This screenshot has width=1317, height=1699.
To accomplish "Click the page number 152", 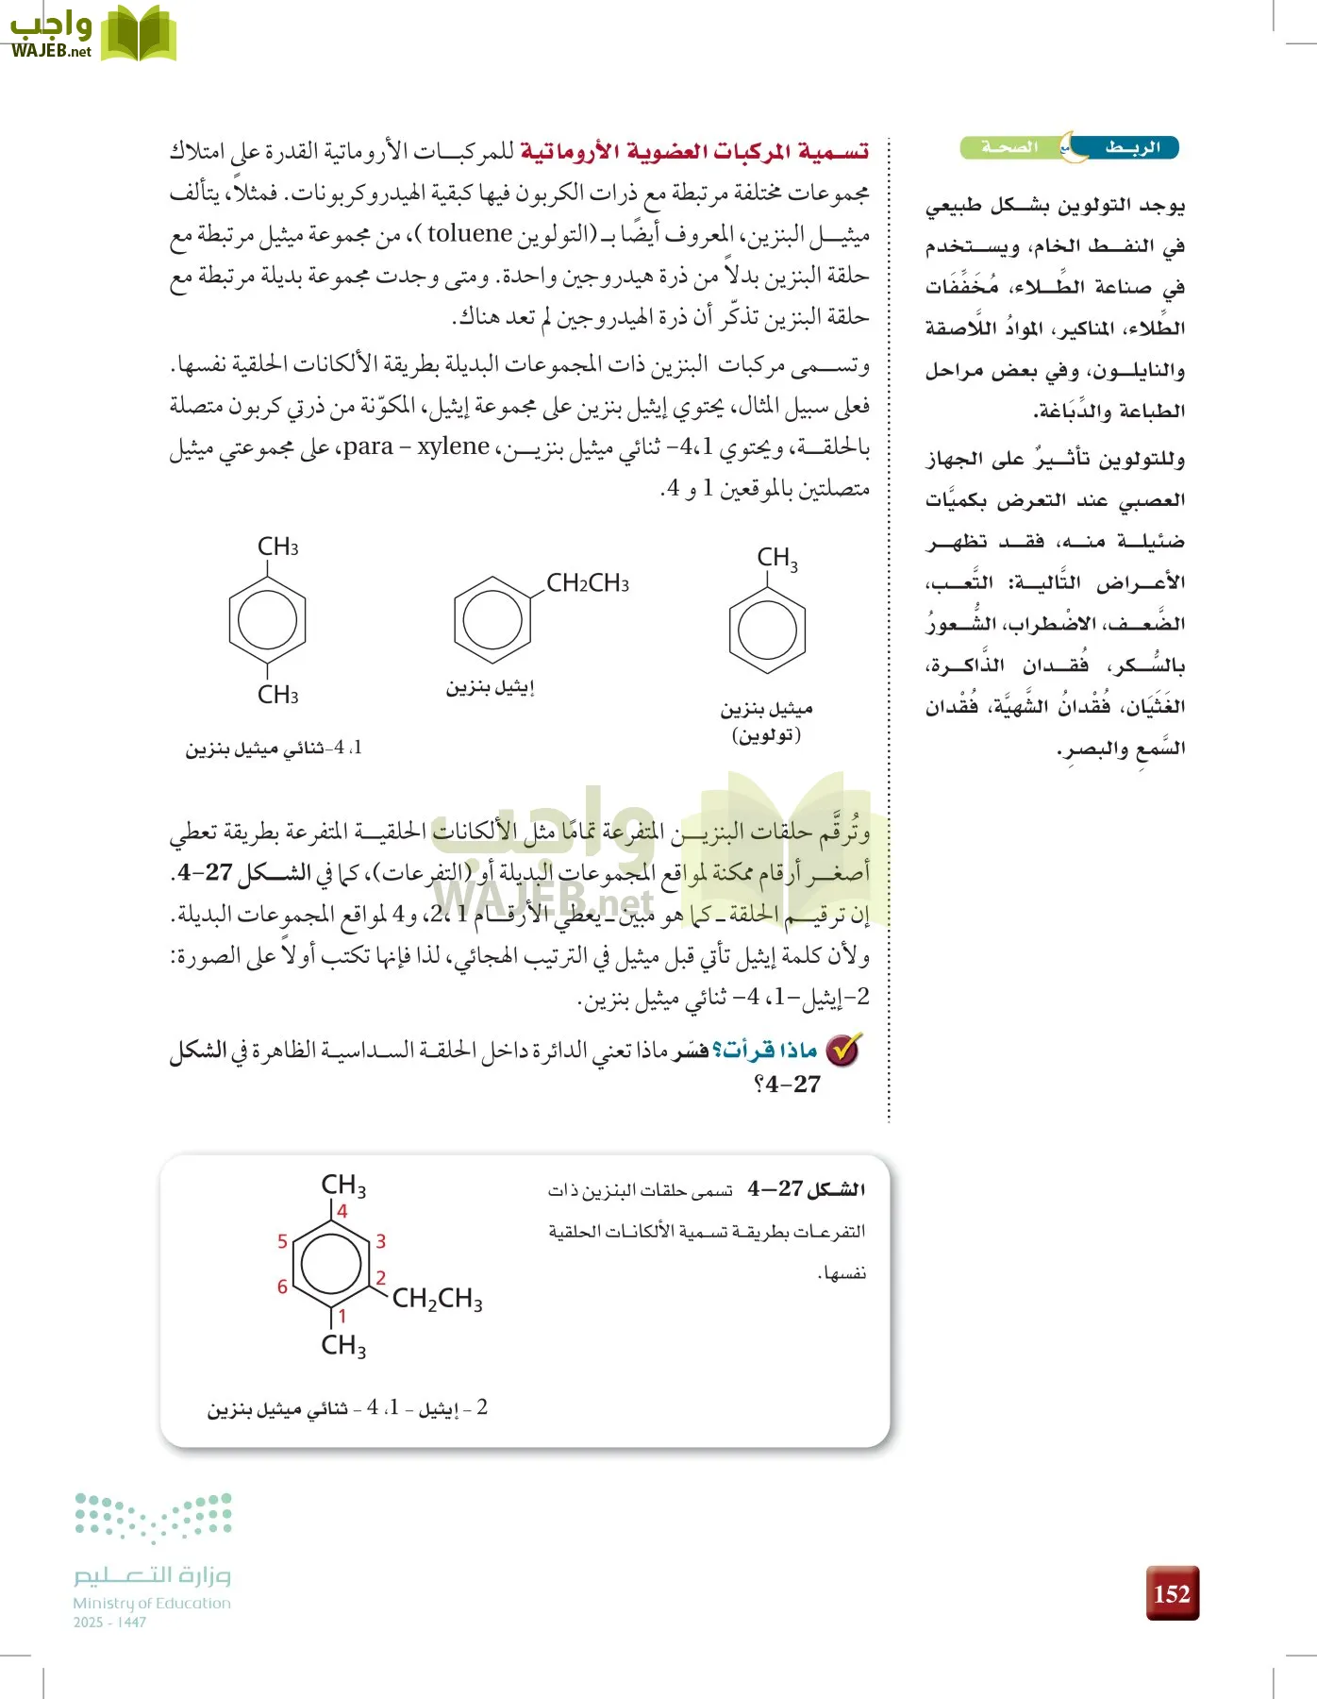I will (1172, 1593).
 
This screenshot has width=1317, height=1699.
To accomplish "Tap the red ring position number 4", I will (342, 1211).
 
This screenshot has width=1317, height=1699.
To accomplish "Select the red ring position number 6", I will (282, 1287).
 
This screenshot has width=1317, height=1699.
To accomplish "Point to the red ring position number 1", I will (342, 1316).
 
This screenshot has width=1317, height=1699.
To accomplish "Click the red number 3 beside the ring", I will (380, 1241).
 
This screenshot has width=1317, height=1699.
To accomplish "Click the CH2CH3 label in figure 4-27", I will (437, 1300).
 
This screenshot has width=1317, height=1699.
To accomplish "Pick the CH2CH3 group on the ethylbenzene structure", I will (588, 583).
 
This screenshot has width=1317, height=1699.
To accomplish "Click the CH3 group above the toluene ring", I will (777, 558).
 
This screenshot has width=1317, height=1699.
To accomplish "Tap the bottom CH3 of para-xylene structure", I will (277, 695).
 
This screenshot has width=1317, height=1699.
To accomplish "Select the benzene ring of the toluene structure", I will (767, 631).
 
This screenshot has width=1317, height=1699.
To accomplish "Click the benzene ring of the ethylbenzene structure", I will (492, 620).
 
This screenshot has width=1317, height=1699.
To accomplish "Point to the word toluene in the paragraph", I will (469, 233).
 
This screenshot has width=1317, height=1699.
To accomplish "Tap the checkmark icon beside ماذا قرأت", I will (842, 1050).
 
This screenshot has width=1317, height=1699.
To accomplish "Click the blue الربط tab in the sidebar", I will (1131, 148).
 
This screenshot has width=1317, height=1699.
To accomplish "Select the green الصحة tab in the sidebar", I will (1009, 148).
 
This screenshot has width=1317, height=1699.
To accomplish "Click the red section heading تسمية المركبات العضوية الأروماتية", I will (693, 151).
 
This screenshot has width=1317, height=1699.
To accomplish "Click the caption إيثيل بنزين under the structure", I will (491, 687).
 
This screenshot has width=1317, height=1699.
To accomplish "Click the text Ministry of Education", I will (152, 1603).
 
